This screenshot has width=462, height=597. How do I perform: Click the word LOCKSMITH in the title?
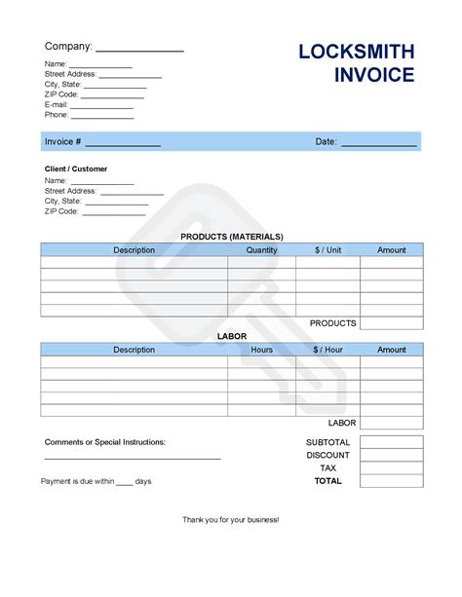coord(356,52)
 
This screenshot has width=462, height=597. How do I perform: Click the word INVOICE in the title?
coord(374,75)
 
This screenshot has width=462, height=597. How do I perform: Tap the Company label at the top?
coord(68,46)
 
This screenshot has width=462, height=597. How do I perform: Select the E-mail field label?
coord(56,104)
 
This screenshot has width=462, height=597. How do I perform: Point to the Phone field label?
coord(57,115)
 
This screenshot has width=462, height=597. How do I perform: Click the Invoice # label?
coord(62,142)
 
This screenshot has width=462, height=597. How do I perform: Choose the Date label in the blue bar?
coord(326,142)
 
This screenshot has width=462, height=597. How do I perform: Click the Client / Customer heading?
coord(76,169)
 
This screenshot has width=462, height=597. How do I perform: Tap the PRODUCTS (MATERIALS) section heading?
coord(232,237)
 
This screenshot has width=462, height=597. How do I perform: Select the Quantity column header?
coord(261,250)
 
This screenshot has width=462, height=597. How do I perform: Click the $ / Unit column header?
coord(327,250)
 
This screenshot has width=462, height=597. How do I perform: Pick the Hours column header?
coord(261,350)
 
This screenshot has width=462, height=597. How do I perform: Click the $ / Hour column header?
coord(328,350)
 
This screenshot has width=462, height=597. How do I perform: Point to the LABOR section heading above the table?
coord(231,336)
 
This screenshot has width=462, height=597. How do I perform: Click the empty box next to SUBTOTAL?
coord(392,442)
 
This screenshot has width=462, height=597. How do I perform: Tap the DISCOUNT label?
coord(327,455)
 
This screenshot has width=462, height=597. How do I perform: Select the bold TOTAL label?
coord(328,481)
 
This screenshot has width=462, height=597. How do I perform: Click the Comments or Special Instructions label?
coord(105,442)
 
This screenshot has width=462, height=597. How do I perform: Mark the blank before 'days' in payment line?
coord(124,482)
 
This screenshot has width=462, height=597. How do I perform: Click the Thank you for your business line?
coord(231,520)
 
